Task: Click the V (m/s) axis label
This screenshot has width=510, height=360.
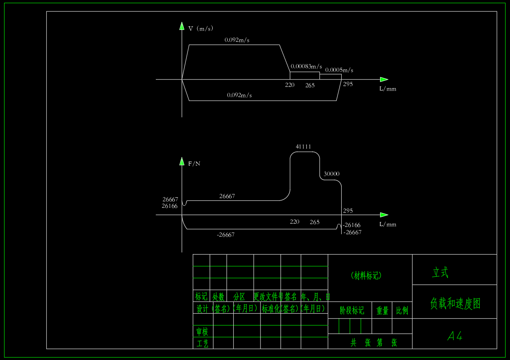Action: click(x=200, y=28)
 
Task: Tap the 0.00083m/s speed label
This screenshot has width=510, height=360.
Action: click(x=306, y=66)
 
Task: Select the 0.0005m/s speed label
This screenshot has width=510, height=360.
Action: click(x=339, y=70)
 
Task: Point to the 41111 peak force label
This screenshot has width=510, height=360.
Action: click(x=303, y=147)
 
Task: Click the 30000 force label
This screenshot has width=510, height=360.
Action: click(x=331, y=174)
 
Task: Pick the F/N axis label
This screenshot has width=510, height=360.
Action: click(x=194, y=164)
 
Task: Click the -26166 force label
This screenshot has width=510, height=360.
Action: click(x=351, y=225)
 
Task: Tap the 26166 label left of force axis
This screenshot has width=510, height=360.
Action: click(x=170, y=206)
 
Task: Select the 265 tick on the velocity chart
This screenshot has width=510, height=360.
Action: click(x=310, y=85)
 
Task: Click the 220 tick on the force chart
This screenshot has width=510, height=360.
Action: click(x=295, y=222)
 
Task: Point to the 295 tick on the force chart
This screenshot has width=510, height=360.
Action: click(x=348, y=210)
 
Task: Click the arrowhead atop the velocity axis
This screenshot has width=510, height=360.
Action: click(x=182, y=26)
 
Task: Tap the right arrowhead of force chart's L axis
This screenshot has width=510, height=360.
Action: click(x=384, y=215)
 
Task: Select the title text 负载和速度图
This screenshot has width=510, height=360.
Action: click(x=455, y=303)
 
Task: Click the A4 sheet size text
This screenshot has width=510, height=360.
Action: click(x=455, y=336)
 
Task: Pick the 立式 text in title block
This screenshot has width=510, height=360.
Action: click(x=440, y=272)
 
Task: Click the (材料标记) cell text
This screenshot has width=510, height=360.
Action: click(x=366, y=276)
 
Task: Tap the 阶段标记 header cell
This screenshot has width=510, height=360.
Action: click(x=352, y=310)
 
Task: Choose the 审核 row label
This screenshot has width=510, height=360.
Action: click(x=202, y=332)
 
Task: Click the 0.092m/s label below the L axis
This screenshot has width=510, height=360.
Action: click(x=239, y=95)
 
